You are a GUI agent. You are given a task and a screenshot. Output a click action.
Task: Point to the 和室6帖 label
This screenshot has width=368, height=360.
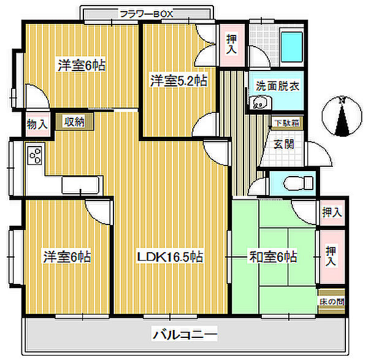tap(273, 256)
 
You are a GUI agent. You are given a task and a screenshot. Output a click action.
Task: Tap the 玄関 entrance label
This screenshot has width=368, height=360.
tap(283, 145)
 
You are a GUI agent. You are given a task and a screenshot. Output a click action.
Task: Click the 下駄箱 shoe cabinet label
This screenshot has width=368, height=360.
tap(287, 123)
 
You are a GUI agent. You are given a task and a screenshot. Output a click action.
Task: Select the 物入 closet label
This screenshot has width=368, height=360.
tap(37, 124)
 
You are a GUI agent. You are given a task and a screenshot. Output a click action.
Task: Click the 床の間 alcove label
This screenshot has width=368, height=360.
tap(331, 302)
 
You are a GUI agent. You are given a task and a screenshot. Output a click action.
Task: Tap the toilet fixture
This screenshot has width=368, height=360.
tap(298, 182)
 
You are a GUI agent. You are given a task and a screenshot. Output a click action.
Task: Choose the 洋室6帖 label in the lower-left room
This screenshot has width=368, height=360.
tap(66, 256)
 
